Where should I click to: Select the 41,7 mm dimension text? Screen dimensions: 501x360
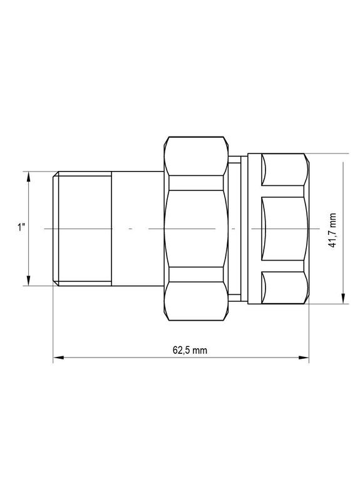[334, 229]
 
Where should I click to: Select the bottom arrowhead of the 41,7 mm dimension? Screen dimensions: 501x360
[343, 299]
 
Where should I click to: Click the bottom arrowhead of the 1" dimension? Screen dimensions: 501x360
[28, 281]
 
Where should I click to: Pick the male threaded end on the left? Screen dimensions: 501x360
[81, 229]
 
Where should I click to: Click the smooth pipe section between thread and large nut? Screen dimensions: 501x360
[138, 229]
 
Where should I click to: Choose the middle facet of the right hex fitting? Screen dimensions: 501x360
[285, 229]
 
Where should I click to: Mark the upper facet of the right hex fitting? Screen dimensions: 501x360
[285, 170]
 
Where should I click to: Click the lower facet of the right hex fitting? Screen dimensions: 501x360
[285, 289]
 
